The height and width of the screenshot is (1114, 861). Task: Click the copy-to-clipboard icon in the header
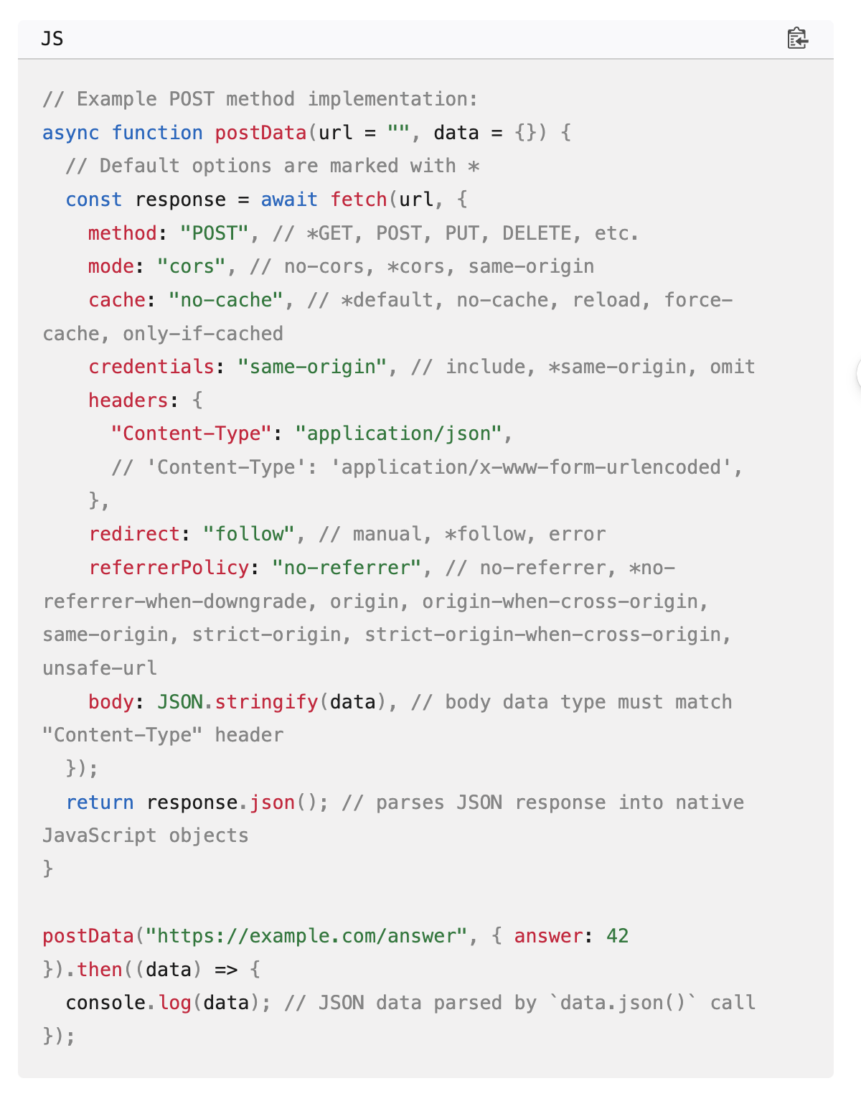tap(797, 38)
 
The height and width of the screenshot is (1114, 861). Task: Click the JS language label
tap(52, 38)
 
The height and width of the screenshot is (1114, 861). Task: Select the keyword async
tap(70, 133)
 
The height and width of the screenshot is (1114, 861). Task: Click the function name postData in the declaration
tap(260, 133)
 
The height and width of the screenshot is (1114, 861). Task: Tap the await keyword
tap(288, 200)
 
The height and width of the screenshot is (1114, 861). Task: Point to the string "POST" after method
tap(214, 233)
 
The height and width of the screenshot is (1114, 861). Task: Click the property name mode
tap(111, 266)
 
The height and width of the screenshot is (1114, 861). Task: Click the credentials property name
tap(151, 367)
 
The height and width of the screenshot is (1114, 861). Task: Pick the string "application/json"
tap(399, 434)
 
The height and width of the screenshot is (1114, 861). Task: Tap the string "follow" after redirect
tap(249, 534)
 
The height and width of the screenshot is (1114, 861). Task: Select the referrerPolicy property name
tap(169, 568)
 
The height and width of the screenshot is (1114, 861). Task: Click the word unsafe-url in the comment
tap(100, 668)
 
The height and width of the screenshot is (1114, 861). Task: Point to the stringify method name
tap(266, 702)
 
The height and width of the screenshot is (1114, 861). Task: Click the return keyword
tap(100, 802)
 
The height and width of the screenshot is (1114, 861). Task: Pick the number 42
tap(617, 936)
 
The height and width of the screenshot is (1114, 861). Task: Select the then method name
tap(100, 970)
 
